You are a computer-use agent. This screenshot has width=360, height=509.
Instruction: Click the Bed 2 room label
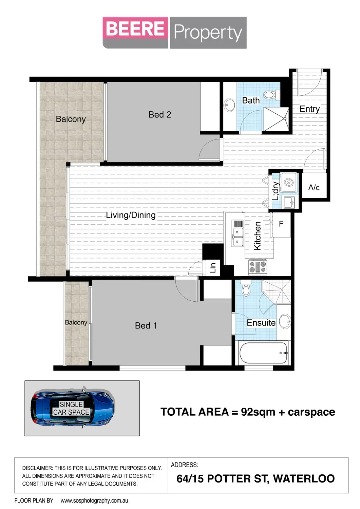click(159, 115)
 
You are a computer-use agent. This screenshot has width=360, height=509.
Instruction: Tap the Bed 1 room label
click(146, 326)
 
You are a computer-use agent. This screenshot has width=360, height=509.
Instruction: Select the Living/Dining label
click(131, 215)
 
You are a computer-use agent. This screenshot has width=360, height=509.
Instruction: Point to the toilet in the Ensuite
click(246, 289)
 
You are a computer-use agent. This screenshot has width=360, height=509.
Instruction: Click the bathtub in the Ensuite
click(263, 353)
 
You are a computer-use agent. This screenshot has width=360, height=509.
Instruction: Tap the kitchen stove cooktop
click(258, 267)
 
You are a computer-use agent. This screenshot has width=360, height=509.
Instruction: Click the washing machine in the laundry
click(289, 183)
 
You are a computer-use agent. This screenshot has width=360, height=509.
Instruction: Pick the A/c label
click(314, 187)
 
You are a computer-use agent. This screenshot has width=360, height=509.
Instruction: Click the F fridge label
click(281, 224)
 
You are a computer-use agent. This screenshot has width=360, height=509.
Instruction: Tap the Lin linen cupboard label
click(213, 268)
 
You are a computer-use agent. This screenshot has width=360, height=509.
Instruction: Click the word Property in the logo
click(208, 33)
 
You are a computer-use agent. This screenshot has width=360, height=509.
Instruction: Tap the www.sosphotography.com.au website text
click(94, 501)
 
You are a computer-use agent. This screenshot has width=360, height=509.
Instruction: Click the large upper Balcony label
click(71, 119)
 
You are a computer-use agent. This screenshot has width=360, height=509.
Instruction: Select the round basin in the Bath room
click(230, 105)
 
